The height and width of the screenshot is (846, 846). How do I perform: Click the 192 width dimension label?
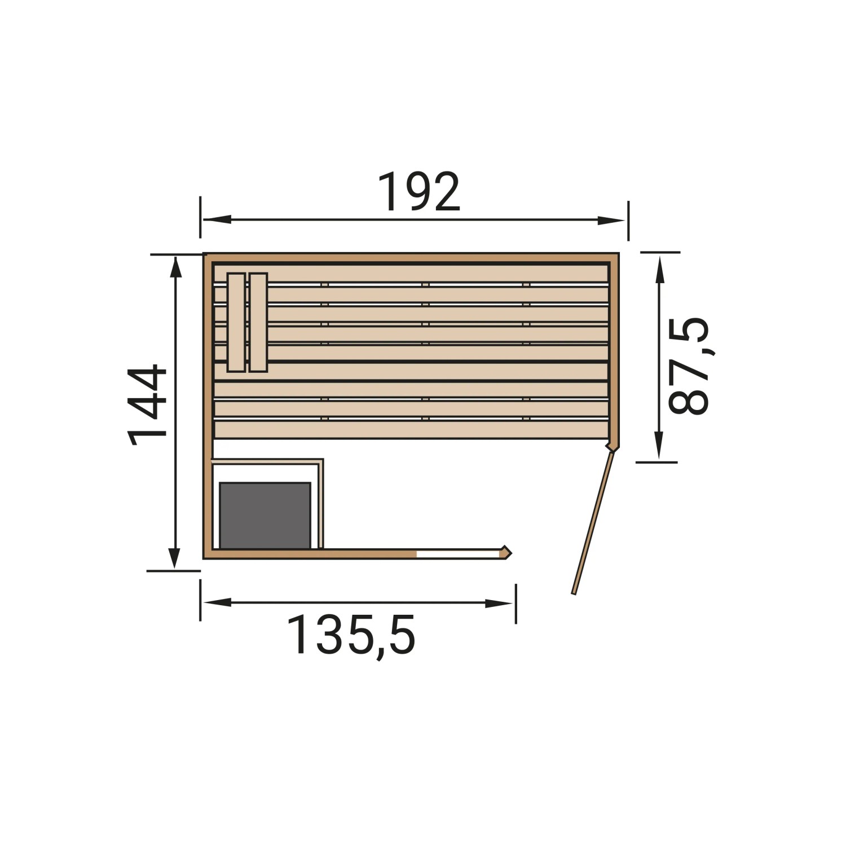[418, 192]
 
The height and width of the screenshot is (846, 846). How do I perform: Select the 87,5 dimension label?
[688, 365]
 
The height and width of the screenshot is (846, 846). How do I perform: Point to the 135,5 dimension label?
[351, 635]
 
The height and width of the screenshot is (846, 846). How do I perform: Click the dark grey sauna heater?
[265, 515]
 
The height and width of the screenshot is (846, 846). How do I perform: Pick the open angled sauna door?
[593, 522]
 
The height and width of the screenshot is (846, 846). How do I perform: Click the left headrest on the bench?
[236, 323]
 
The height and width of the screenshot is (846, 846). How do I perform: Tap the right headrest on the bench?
[258, 323]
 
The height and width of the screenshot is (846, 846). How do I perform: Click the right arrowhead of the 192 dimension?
[611, 221]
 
